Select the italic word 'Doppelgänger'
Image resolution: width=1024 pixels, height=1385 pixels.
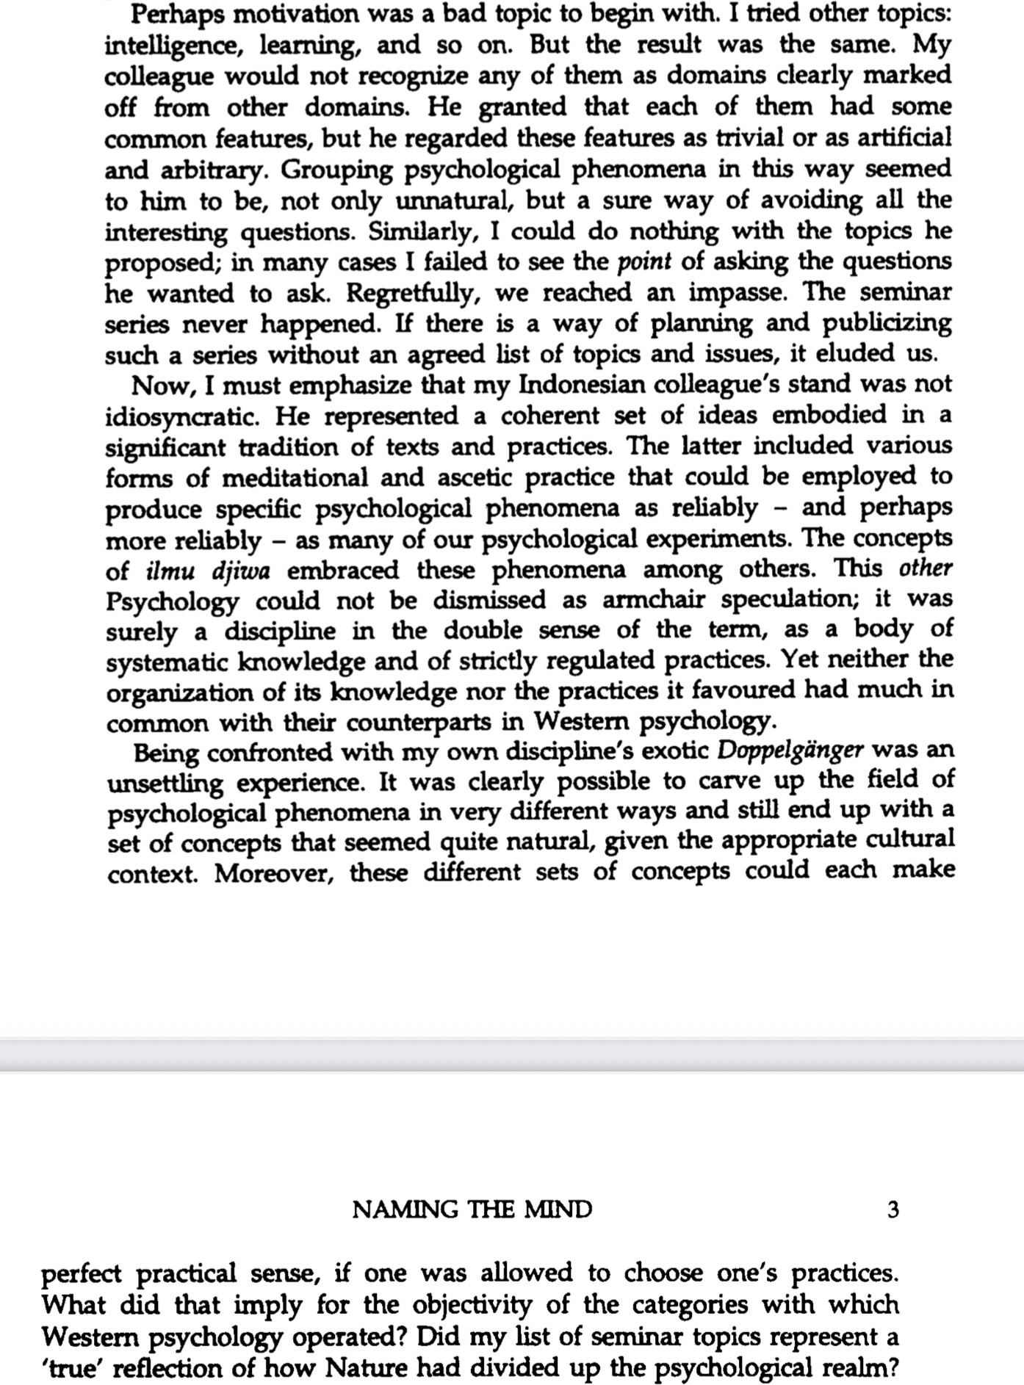coord(790,751)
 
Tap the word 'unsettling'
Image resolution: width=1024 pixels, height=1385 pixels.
coord(165,783)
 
